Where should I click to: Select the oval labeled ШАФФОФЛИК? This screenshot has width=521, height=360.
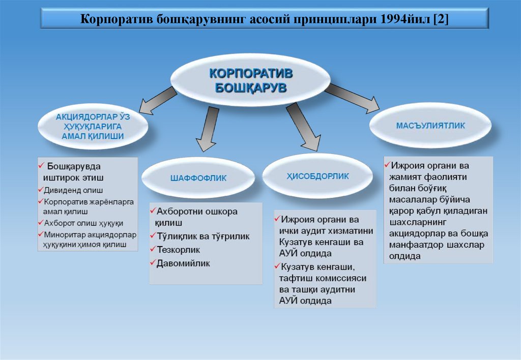click(198, 178)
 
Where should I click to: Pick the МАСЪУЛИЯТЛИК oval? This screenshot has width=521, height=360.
click(430, 126)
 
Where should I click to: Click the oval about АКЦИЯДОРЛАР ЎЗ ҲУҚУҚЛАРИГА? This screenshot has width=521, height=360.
click(92, 127)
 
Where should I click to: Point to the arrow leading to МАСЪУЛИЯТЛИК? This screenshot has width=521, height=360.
click(352, 98)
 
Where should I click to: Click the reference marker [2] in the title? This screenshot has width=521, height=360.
click(441, 19)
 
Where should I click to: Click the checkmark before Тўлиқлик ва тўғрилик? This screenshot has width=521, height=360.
click(152, 236)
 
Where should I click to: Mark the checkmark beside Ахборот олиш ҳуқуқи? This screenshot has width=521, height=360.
click(40, 222)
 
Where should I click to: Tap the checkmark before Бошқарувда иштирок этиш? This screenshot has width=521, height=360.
click(41, 166)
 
